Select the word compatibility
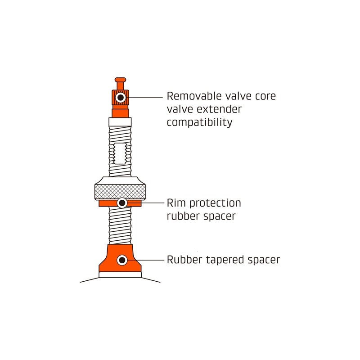point(199,122)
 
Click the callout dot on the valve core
point(120,97)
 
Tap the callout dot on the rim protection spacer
point(121,203)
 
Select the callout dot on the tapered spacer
point(121,260)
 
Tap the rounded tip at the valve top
point(120,80)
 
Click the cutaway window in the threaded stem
point(120,153)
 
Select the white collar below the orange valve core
point(120,122)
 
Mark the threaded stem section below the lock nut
point(120,225)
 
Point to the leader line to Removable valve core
point(146,97)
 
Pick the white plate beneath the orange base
point(120,274)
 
